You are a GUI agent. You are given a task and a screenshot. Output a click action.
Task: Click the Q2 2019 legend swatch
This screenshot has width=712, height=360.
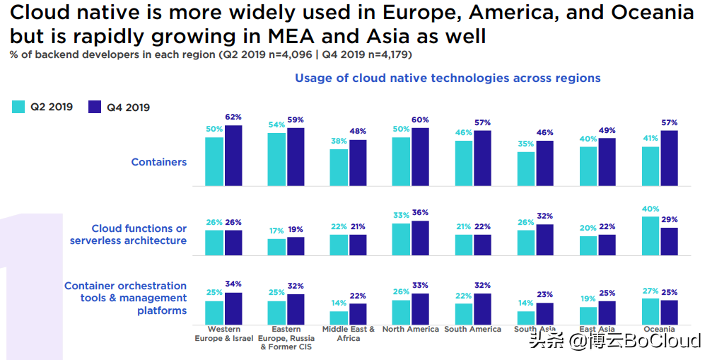18,107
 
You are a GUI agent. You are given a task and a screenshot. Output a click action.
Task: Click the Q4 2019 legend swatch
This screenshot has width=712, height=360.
95,107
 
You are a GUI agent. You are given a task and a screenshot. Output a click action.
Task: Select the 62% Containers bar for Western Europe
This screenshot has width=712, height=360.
233,156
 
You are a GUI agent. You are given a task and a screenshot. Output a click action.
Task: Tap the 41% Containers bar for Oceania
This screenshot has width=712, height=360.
650,166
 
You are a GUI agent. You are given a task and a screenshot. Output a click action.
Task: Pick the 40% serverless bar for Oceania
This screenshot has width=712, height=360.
650,236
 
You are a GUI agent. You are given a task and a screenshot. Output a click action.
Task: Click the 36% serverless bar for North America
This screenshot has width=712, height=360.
420,238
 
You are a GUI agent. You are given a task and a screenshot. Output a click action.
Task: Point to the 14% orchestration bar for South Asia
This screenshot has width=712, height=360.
526,318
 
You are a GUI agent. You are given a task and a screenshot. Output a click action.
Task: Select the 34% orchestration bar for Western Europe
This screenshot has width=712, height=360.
233,308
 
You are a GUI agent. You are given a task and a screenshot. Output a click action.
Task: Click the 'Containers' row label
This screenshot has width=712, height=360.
159,162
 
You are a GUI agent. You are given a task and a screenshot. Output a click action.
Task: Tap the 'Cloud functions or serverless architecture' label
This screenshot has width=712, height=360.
129,234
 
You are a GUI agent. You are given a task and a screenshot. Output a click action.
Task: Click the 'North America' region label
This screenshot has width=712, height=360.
410,330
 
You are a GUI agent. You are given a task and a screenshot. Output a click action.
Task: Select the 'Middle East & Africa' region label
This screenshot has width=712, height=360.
349,334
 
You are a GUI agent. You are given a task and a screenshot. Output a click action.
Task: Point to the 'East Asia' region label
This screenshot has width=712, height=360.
597,330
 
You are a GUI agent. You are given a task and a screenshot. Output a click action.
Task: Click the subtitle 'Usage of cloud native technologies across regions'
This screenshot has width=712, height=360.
448,78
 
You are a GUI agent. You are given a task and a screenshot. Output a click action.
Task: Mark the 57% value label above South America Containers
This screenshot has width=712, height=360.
482,122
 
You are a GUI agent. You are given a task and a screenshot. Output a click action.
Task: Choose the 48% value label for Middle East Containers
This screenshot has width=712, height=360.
358,132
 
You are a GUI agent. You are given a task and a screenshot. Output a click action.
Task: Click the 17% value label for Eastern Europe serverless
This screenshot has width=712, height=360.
276,231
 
